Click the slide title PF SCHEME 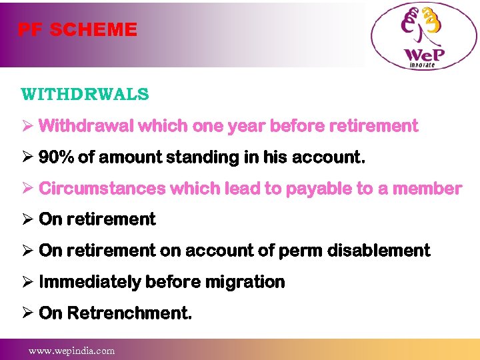point(77,30)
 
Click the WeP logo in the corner point(423,36)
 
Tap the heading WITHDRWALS point(85,94)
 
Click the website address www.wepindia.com point(71,351)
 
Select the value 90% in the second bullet point(56,157)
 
